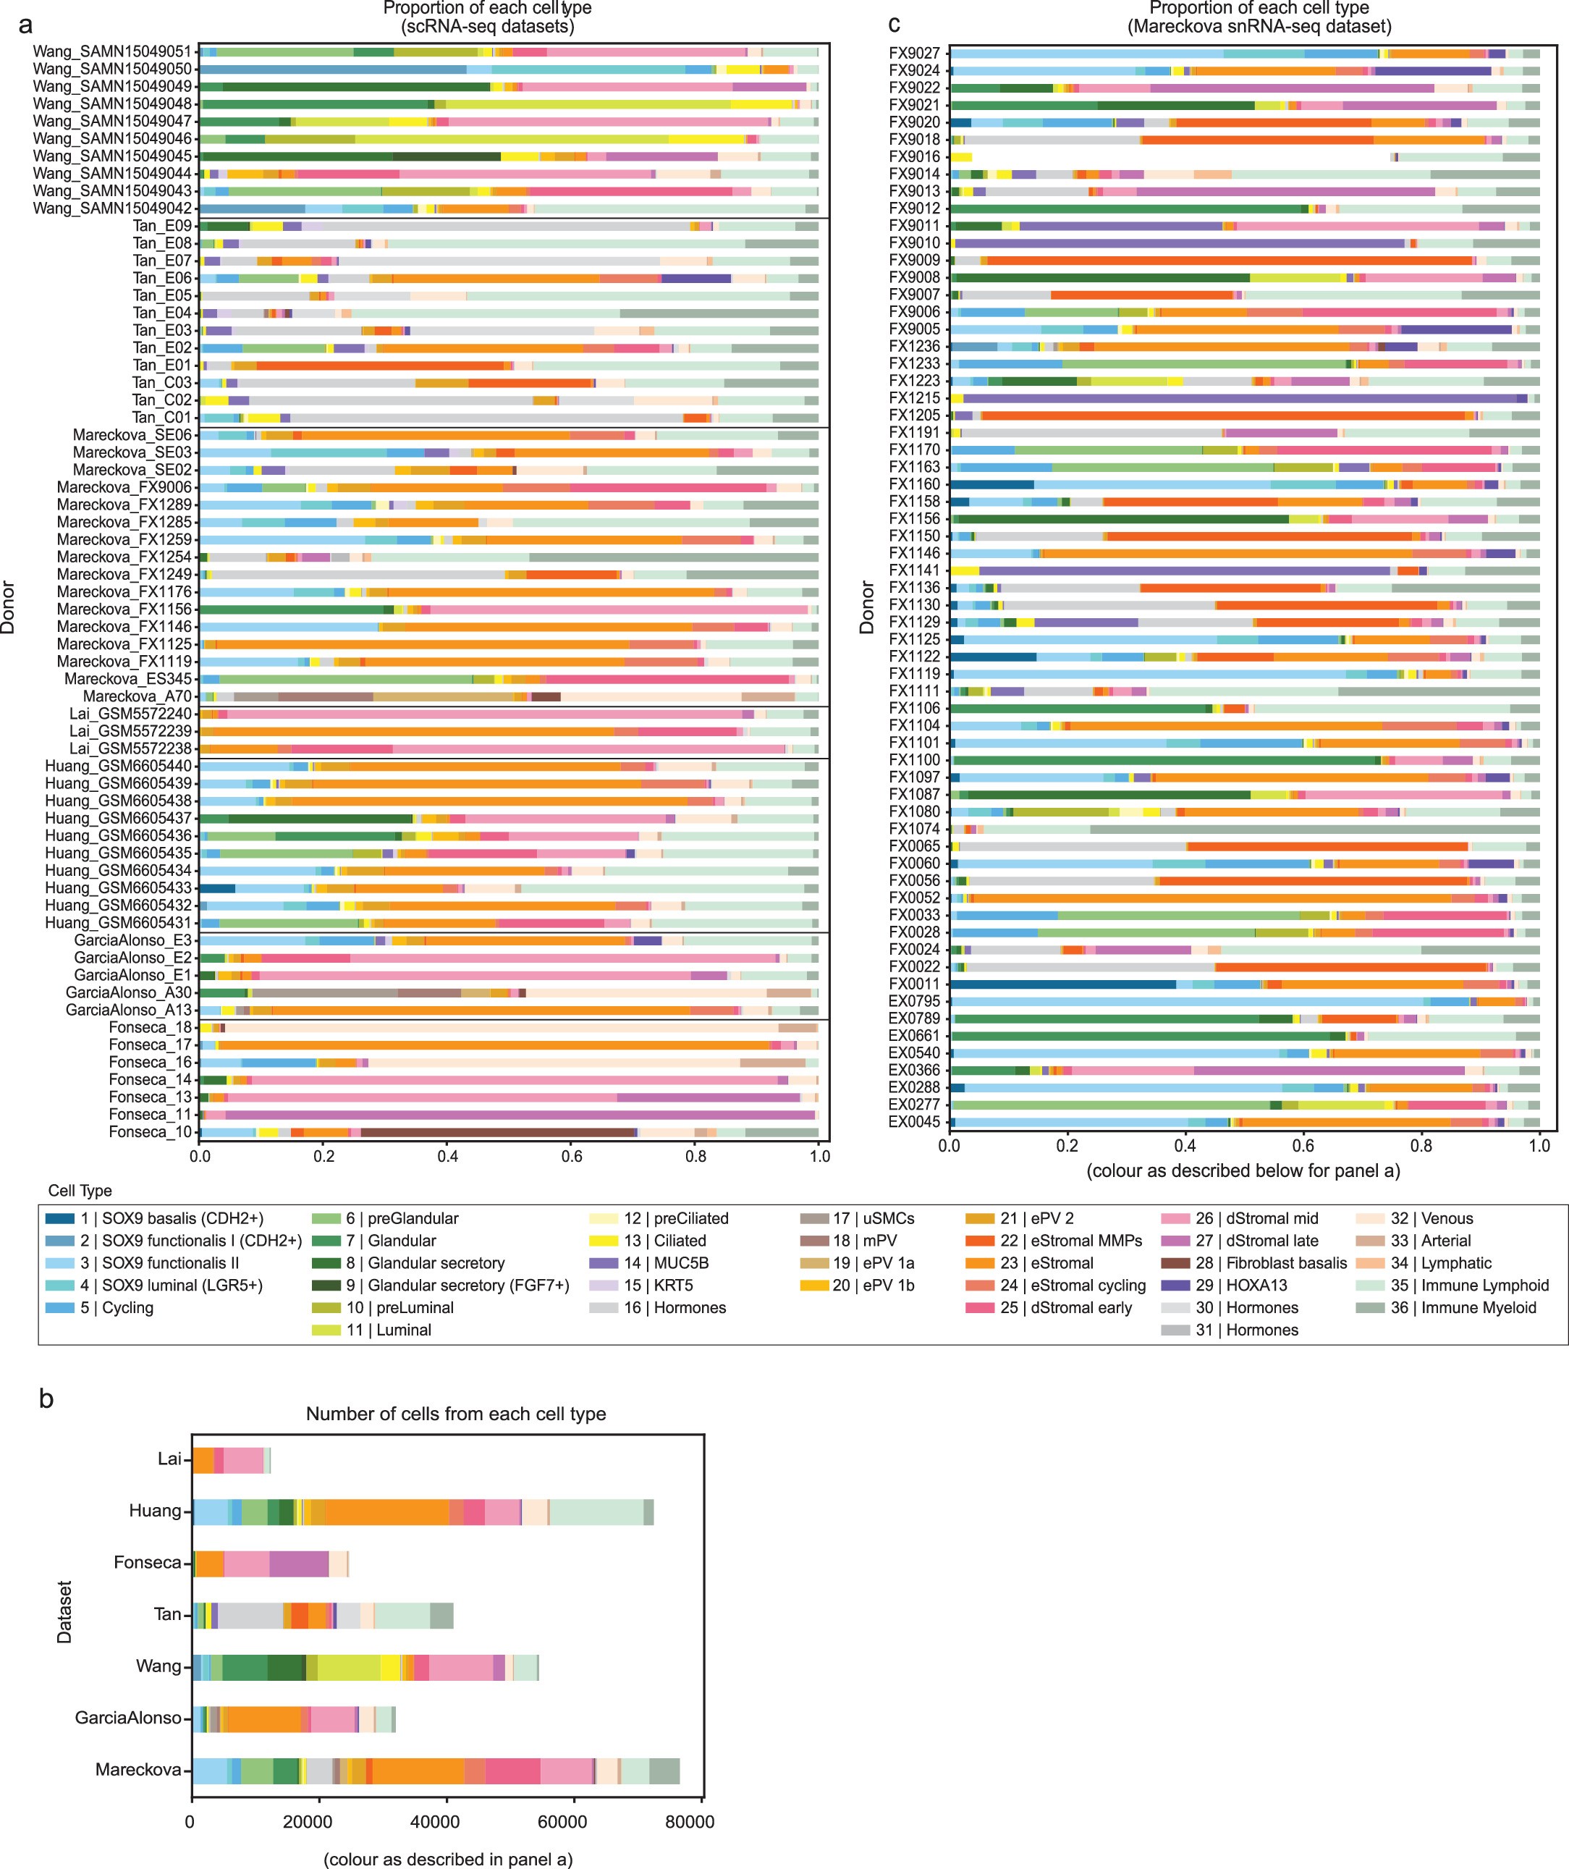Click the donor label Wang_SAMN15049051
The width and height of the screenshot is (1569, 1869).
pos(112,51)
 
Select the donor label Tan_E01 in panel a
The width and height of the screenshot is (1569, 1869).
pos(162,365)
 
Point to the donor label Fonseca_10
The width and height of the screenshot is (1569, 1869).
pos(151,1132)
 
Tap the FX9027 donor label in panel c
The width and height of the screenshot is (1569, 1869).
pos(914,54)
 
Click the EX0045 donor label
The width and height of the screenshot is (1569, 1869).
pos(914,1122)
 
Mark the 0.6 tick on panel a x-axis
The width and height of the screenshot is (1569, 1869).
pos(571,1156)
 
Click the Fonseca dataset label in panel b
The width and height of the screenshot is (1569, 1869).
pos(147,1562)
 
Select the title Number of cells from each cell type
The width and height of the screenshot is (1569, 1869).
pos(456,1413)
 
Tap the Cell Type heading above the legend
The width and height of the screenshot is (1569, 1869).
pos(80,1191)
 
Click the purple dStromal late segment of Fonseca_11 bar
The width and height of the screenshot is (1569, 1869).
pos(516,1114)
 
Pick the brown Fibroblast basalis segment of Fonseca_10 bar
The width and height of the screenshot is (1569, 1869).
pos(499,1132)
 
